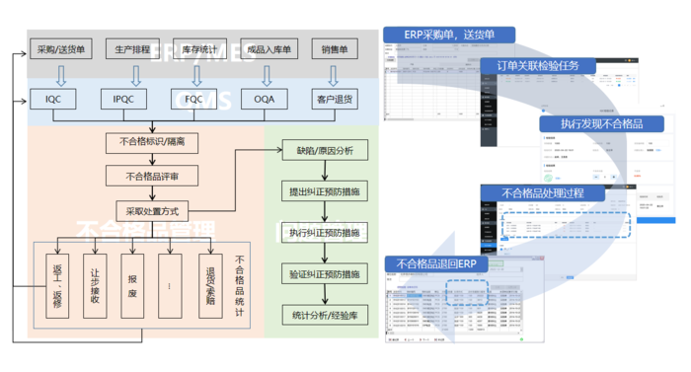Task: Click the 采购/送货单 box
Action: tap(61, 48)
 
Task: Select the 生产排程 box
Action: tap(132, 48)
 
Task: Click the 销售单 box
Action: tap(335, 48)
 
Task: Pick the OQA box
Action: tap(266, 99)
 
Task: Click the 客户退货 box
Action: tap(335, 99)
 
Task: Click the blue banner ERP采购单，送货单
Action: tap(449, 35)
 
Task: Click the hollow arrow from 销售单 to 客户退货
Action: tap(335, 74)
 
